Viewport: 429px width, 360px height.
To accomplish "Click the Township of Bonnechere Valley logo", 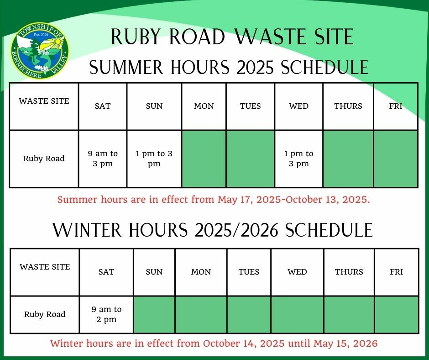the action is (x=40, y=51).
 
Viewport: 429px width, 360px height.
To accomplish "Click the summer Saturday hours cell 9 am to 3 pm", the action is (x=103, y=159).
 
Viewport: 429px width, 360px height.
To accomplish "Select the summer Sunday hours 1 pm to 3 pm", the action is (x=154, y=159).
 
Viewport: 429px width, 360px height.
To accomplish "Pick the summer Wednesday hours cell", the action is (x=299, y=159).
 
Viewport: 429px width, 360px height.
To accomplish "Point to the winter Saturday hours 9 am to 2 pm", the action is (x=106, y=314).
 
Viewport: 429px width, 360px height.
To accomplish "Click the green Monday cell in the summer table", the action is (x=204, y=159).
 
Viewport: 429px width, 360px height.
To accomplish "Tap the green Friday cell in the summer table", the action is (x=396, y=159).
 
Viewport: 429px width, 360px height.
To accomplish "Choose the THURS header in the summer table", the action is (x=348, y=106).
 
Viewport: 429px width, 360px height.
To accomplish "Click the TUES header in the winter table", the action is (x=249, y=272).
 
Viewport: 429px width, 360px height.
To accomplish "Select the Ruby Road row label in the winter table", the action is (x=45, y=314).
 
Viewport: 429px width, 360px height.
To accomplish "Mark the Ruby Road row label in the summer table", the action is (x=44, y=159).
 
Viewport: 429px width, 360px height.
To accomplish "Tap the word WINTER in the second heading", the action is (x=87, y=230).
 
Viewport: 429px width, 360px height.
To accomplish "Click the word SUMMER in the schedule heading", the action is (x=126, y=67).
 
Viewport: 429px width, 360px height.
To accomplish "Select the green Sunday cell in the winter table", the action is (x=154, y=315).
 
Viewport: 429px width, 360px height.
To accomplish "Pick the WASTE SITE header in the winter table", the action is (x=45, y=267).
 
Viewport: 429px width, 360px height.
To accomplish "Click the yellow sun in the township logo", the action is (x=58, y=42).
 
